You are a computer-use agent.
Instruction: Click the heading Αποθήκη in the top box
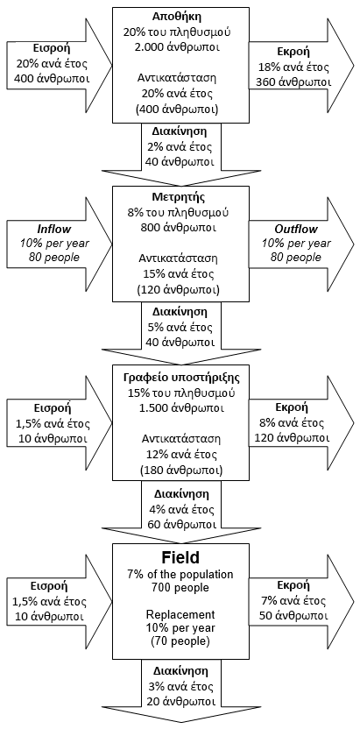point(180,18)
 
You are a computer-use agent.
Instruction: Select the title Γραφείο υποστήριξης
point(180,378)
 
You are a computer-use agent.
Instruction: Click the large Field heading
point(180,556)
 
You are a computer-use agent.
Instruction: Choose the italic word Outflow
point(295,229)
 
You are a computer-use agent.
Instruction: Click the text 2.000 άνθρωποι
point(180,48)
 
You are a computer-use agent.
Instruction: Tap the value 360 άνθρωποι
point(293,81)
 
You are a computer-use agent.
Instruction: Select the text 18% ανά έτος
point(293,67)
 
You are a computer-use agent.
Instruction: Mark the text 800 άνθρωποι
point(180,229)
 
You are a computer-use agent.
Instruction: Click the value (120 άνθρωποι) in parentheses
point(180,289)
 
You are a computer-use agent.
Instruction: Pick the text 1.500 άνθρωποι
point(180,408)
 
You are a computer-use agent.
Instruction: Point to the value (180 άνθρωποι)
point(180,469)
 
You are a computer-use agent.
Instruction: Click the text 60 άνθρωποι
point(180,525)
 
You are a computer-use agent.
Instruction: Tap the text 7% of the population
point(180,574)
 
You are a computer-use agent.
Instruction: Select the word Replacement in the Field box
point(180,614)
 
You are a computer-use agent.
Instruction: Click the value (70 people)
point(180,642)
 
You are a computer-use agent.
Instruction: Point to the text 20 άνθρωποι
point(180,701)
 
